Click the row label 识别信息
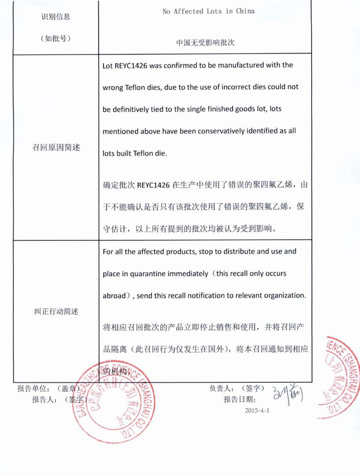(56, 16)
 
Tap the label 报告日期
(239, 399)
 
